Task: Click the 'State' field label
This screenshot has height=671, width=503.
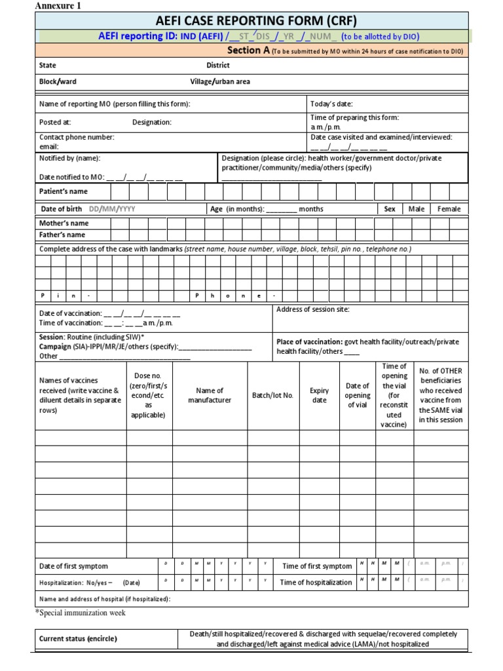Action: pos(48,66)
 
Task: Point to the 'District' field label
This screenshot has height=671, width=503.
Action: pos(218,66)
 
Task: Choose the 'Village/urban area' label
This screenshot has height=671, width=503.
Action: pos(220,82)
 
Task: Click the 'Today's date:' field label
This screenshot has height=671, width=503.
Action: pos(331,104)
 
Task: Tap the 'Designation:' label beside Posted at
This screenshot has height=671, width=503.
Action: pos(152,122)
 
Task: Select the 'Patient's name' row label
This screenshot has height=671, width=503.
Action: pos(64,191)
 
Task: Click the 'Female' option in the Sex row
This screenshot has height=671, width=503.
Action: pos(449,209)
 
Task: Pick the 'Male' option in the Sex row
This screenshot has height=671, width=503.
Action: pos(416,209)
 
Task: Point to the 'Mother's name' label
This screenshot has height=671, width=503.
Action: pos(64,223)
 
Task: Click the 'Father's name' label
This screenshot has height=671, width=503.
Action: pos(62,235)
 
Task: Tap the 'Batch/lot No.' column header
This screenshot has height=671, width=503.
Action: pos(272,396)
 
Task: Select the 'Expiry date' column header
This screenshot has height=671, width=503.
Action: pos(319,396)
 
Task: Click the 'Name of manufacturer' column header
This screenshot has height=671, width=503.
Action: pos(210,396)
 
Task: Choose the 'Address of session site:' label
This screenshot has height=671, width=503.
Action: pos(313,309)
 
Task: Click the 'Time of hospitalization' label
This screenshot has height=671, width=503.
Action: pos(316,583)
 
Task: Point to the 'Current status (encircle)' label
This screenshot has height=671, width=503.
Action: pos(78,639)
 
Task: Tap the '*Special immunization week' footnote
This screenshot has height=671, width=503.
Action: pos(80,613)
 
